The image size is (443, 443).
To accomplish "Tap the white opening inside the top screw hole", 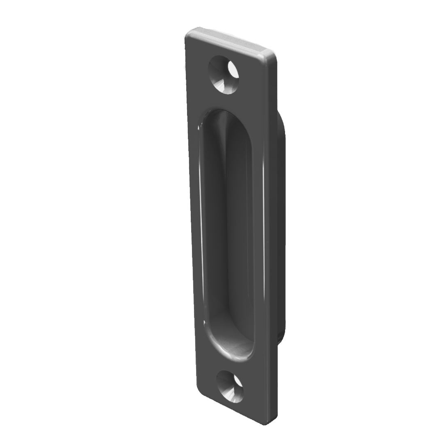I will [x=233, y=69].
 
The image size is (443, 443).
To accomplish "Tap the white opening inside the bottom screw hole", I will [x=237, y=381].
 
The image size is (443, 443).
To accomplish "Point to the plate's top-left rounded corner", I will [x=190, y=35].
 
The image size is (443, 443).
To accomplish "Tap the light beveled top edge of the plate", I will [x=230, y=39].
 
